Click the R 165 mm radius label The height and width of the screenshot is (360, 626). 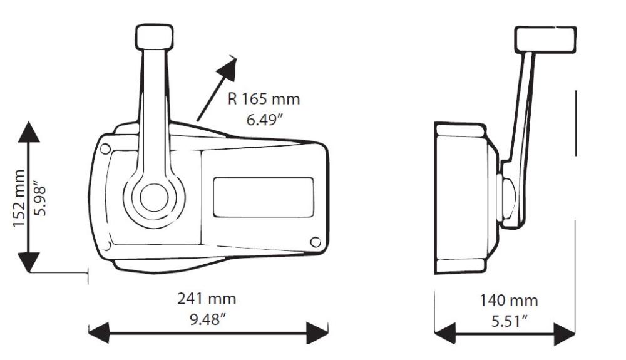pyautogui.click(x=264, y=99)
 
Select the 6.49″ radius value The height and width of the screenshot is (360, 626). pyautogui.click(x=264, y=120)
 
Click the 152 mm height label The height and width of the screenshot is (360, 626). pyautogui.click(x=19, y=198)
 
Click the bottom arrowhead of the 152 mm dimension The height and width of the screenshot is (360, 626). pyautogui.click(x=30, y=260)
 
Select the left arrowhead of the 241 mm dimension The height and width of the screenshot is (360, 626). pyautogui.click(x=99, y=332)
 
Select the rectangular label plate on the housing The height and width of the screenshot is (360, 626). pyautogui.click(x=263, y=196)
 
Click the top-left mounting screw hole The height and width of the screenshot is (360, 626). pyautogui.click(x=105, y=148)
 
